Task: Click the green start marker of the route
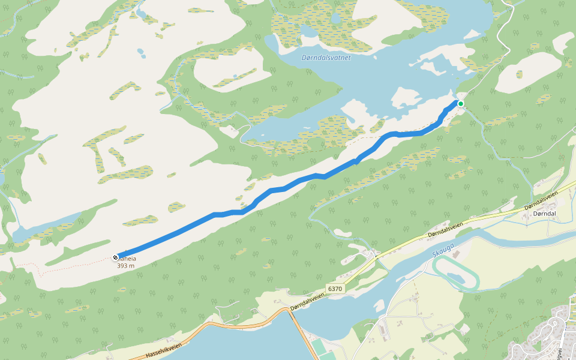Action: pyautogui.click(x=461, y=104)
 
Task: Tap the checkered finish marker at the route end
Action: pyautogui.click(x=115, y=257)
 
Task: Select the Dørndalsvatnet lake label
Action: pyautogui.click(x=326, y=58)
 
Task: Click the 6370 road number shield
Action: pyautogui.click(x=335, y=289)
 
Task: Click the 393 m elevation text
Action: pyautogui.click(x=125, y=266)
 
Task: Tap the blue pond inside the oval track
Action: pyautogui.click(x=454, y=276)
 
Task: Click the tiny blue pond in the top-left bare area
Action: pyautogui.click(x=141, y=52)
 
